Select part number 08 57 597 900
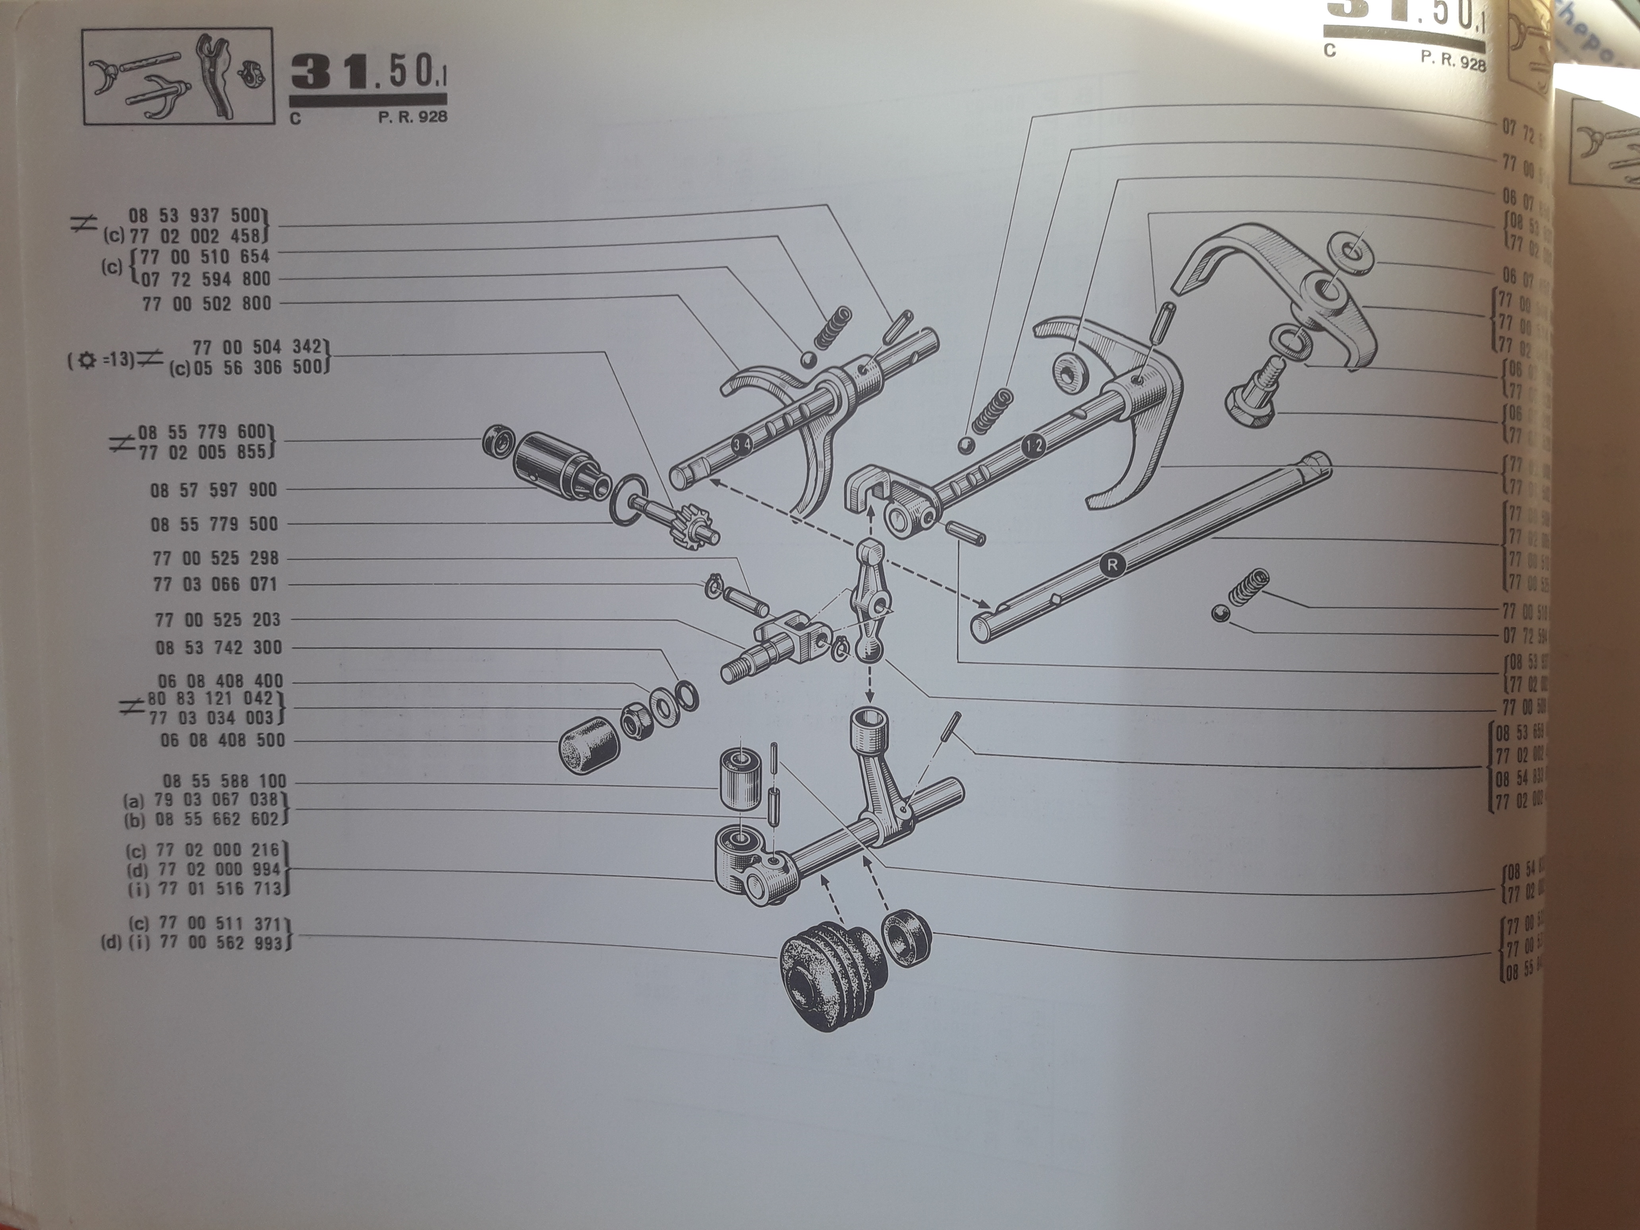(213, 490)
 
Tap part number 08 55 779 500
(213, 524)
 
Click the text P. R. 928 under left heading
(412, 116)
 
